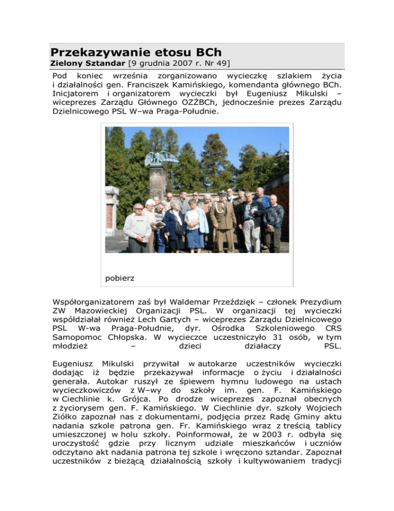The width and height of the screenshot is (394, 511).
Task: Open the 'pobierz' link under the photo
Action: click(x=120, y=278)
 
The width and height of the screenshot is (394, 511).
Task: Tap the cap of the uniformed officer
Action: click(x=222, y=194)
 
